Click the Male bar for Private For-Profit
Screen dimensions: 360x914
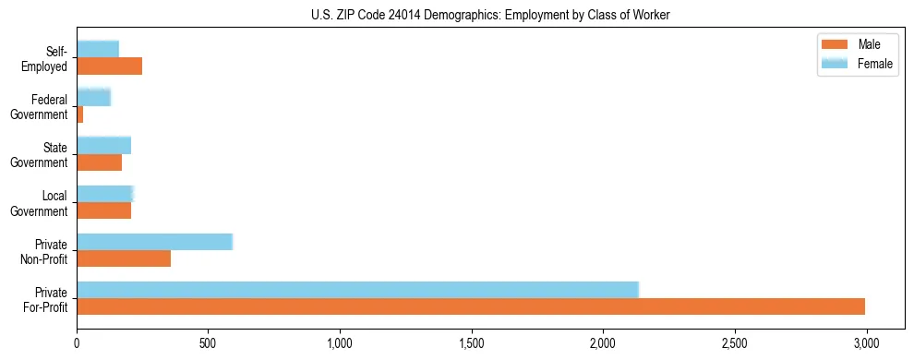coord(471,306)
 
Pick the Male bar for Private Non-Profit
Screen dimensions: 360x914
coord(124,258)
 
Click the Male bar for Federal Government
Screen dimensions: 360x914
coord(80,114)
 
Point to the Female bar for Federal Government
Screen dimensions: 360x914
coord(93,97)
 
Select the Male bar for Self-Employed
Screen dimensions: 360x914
coord(109,66)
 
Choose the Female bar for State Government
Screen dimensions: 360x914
coord(103,145)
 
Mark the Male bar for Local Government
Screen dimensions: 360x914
coord(103,210)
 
